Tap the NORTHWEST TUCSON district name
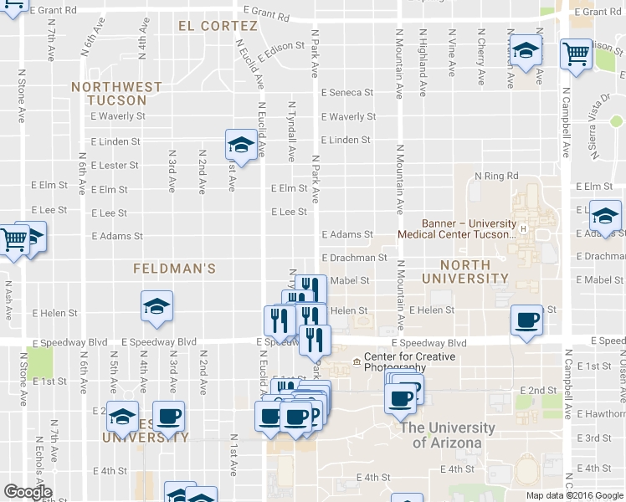click(116, 93)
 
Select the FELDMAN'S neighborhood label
click(176, 269)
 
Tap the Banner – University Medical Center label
click(468, 228)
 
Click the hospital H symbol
click(524, 228)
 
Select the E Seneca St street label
click(347, 93)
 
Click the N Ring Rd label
click(496, 176)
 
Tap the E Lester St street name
click(114, 166)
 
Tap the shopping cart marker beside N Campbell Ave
click(577, 54)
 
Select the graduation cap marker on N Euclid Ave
click(241, 145)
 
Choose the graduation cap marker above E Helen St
click(156, 307)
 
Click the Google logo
click(28, 493)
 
